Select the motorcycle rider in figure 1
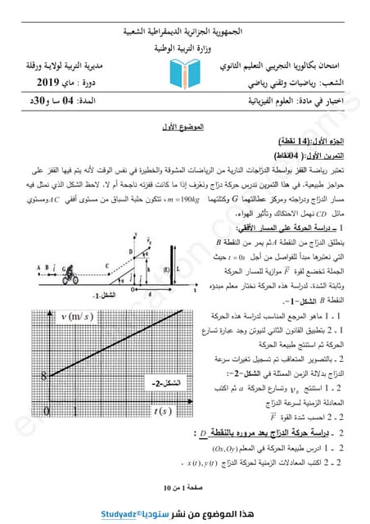[75, 271]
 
